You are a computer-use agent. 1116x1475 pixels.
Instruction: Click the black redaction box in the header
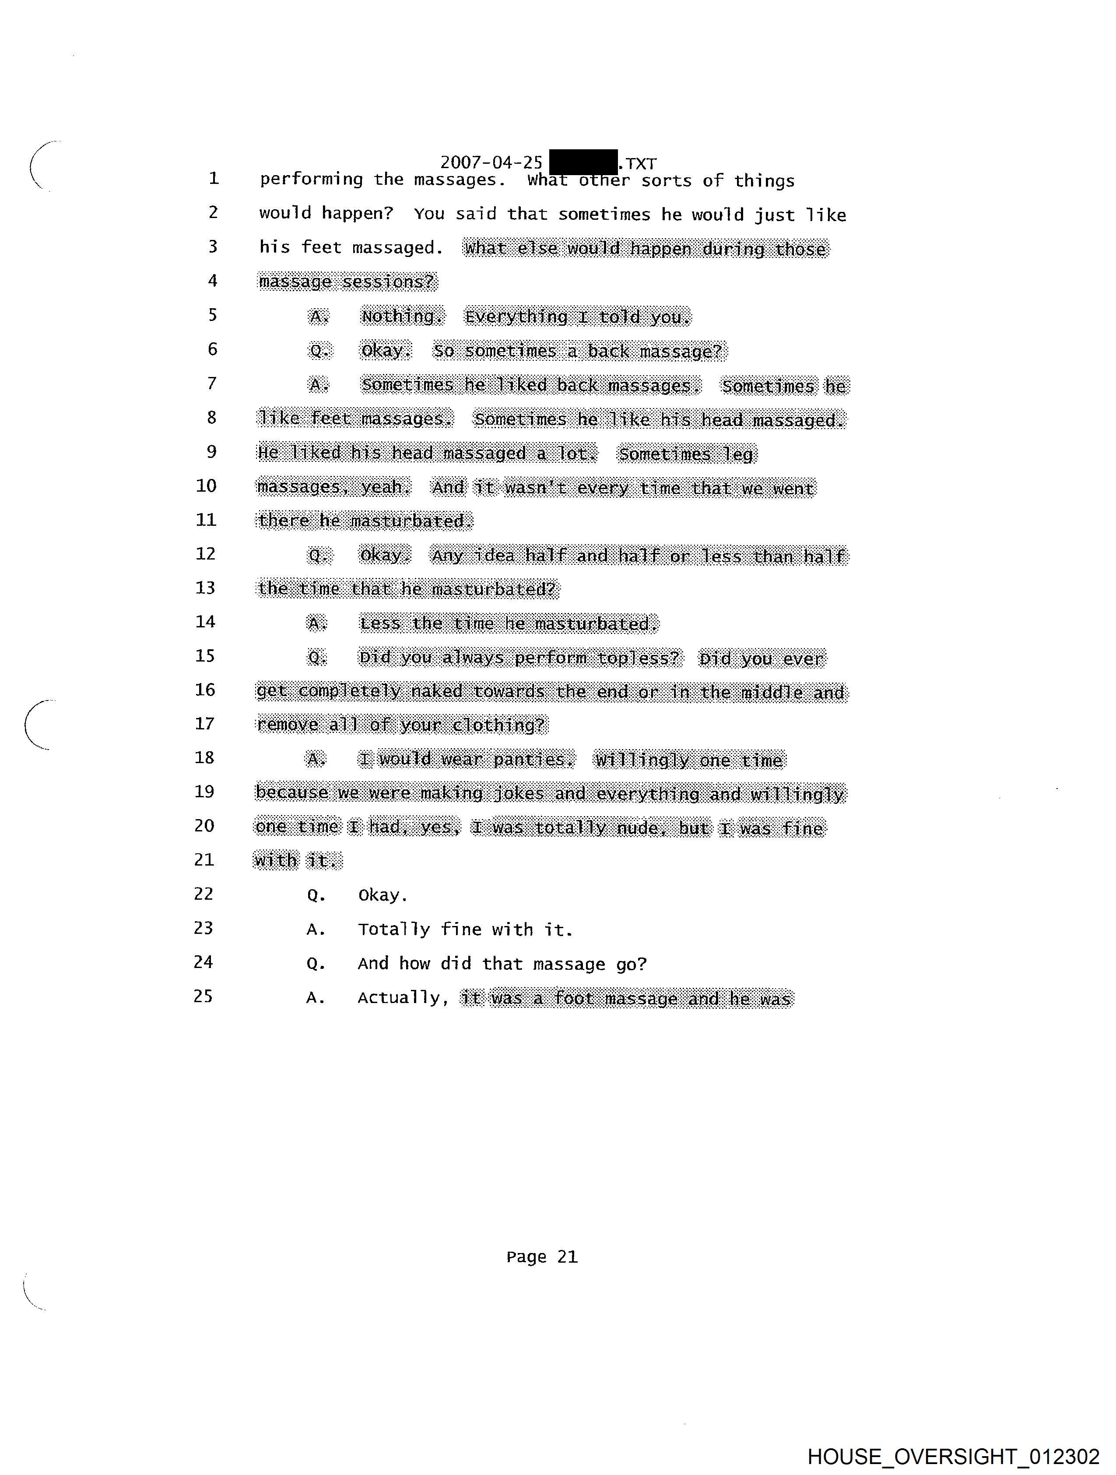[x=583, y=162]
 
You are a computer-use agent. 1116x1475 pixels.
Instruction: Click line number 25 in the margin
[x=204, y=996]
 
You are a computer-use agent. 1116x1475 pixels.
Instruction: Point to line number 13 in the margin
[x=205, y=588]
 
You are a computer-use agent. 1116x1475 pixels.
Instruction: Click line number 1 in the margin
[x=213, y=178]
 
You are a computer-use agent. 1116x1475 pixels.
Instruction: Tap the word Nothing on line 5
[x=402, y=316]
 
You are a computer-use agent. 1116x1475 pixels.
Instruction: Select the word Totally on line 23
[x=393, y=929]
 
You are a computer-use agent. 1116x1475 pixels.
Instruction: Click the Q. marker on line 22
[x=316, y=895]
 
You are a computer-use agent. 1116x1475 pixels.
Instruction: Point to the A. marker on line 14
[x=317, y=623]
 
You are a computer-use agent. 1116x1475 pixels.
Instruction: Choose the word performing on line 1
[x=311, y=180]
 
